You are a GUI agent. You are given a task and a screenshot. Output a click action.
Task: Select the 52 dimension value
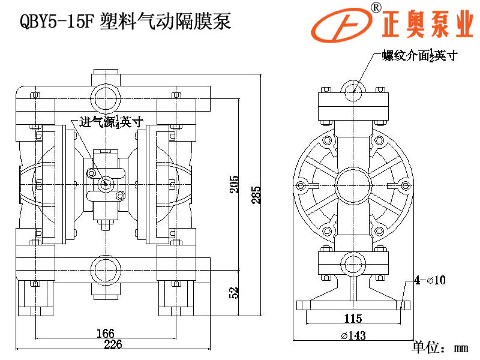click(235, 292)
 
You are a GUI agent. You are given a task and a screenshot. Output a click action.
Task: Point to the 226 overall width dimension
click(113, 344)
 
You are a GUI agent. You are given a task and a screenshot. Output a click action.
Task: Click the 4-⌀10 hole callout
click(429, 280)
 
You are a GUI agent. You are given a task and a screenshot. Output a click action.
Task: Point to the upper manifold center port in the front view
click(107, 97)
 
